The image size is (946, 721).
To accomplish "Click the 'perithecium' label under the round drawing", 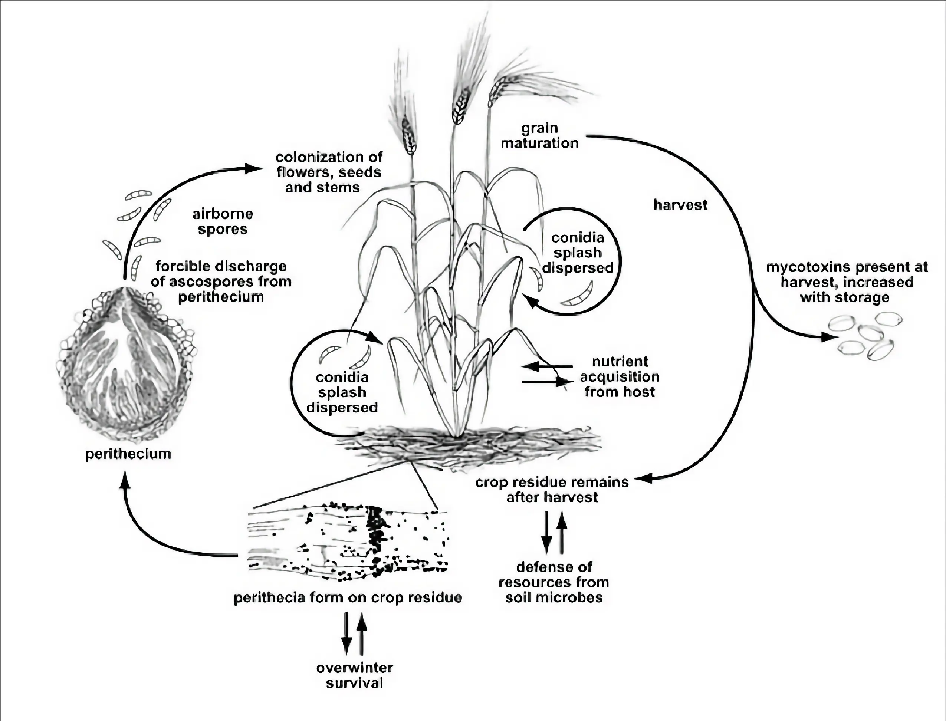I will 128,454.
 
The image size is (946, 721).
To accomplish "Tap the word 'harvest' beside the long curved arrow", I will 680,205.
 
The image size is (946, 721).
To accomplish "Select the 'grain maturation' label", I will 539,136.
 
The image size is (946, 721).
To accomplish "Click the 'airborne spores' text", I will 222,221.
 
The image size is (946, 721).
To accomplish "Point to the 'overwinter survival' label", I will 355,675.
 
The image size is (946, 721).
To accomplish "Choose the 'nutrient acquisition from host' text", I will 620,376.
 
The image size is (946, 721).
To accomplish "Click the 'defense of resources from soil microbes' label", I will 554,582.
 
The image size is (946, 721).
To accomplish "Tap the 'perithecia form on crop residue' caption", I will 348,598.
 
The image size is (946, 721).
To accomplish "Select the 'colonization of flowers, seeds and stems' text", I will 329,172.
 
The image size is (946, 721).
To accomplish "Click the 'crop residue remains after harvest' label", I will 552,489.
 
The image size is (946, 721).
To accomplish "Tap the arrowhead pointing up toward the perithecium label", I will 125,481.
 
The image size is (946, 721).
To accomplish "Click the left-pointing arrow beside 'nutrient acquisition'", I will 532,366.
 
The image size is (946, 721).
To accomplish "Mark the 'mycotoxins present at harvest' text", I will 847,282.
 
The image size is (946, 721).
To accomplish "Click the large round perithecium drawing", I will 127,365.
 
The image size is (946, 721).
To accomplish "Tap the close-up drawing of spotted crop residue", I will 348,543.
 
